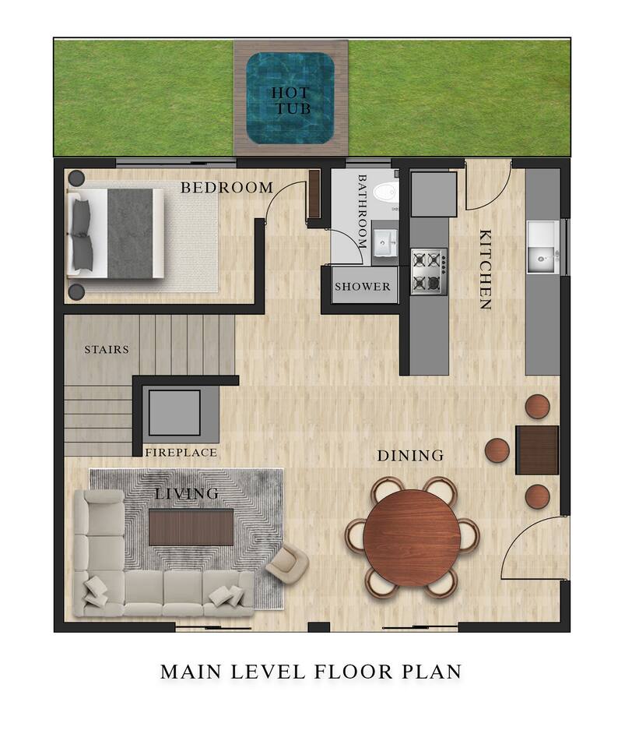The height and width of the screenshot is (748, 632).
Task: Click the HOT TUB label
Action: tap(291, 101)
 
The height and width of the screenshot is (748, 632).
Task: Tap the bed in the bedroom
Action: tap(116, 233)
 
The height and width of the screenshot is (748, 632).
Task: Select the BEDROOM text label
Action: tap(226, 188)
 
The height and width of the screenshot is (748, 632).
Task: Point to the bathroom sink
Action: tap(384, 243)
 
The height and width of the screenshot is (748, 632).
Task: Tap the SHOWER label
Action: tap(362, 287)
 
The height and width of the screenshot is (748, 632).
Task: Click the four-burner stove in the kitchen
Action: tap(429, 271)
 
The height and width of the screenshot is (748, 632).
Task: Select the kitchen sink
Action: tap(543, 247)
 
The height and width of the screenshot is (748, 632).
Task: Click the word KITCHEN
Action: tap(485, 270)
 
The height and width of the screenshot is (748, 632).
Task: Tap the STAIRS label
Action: tap(107, 350)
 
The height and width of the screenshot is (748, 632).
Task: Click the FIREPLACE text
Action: tap(181, 452)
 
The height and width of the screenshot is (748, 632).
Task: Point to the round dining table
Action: tap(411, 537)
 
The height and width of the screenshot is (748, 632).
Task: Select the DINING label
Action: tap(410, 456)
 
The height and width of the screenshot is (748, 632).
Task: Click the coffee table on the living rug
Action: tap(191, 527)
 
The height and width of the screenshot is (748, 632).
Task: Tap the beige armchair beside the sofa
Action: tap(287, 565)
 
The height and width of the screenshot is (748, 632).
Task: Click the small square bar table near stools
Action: tap(537, 450)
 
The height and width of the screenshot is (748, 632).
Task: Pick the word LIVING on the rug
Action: tap(187, 493)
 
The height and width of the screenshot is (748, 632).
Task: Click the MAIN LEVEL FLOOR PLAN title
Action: tap(311, 672)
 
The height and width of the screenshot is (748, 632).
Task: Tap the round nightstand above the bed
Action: tap(76, 178)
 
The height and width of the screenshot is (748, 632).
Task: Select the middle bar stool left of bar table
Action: tap(497, 450)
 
